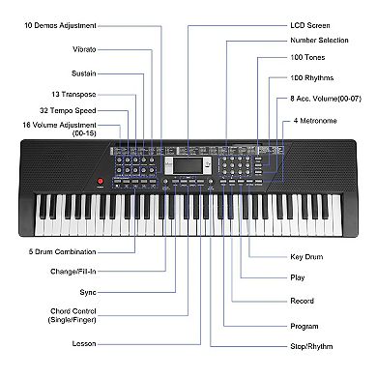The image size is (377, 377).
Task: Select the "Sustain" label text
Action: (83, 73)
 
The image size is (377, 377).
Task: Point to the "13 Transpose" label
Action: (75, 95)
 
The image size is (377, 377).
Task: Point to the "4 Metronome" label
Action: (314, 120)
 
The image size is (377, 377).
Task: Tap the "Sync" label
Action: (88, 291)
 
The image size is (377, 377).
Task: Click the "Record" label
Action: (303, 301)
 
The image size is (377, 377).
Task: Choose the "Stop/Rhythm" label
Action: (313, 345)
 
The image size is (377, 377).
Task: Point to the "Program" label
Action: (304, 326)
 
